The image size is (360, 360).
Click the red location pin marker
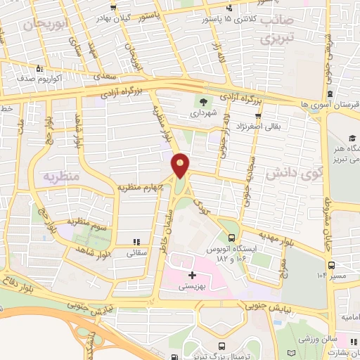click(x=181, y=165)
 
